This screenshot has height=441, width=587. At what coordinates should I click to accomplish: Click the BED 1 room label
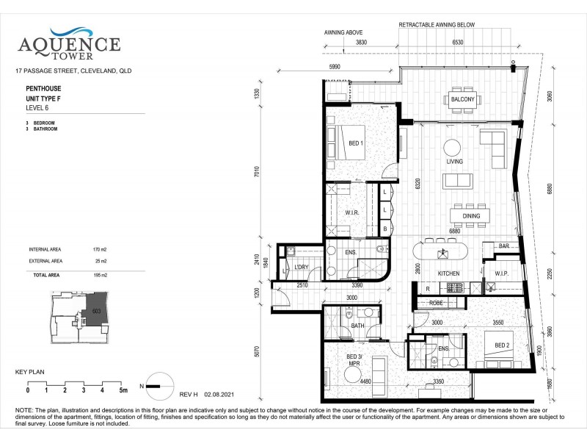coord(355,143)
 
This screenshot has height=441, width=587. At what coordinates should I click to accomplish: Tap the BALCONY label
coord(463,99)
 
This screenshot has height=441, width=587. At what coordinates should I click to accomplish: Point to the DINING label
coord(471,216)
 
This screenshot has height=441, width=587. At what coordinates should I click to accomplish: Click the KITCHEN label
coord(448,273)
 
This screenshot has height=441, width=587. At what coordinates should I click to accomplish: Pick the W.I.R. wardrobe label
coord(351,213)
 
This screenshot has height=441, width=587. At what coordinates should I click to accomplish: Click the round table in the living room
coord(453,145)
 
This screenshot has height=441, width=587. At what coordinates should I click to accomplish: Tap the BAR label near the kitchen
coord(504,245)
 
